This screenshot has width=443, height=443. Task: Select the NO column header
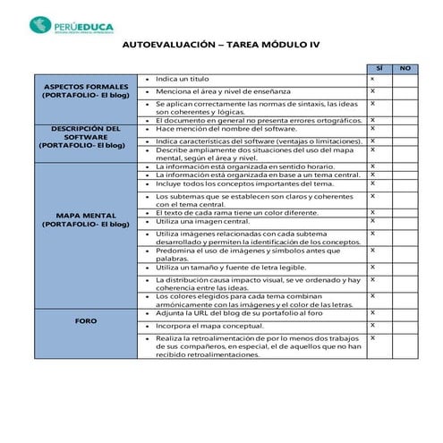coord(404,68)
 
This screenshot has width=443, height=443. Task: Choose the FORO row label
coord(86,319)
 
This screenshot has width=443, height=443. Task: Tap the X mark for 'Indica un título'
coord(372,79)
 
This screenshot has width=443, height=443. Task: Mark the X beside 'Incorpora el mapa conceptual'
coord(372,326)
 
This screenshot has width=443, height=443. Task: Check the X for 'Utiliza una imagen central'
coord(372,219)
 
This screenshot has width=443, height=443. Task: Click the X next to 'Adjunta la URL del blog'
coord(372,314)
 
